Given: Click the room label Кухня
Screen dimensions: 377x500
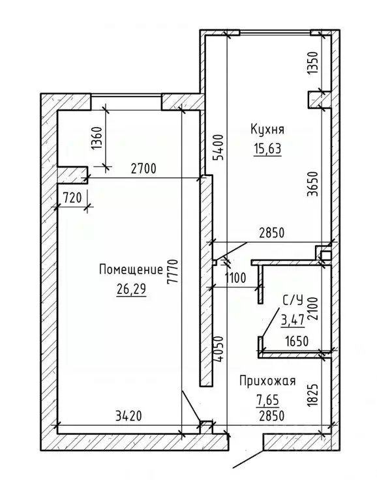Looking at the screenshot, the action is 267,130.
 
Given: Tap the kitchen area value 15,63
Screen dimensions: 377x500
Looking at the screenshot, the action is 267,149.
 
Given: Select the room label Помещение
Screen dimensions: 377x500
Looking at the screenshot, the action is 131,270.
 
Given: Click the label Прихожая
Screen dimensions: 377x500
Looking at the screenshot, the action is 268,381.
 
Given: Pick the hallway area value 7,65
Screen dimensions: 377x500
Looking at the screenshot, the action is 268,399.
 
